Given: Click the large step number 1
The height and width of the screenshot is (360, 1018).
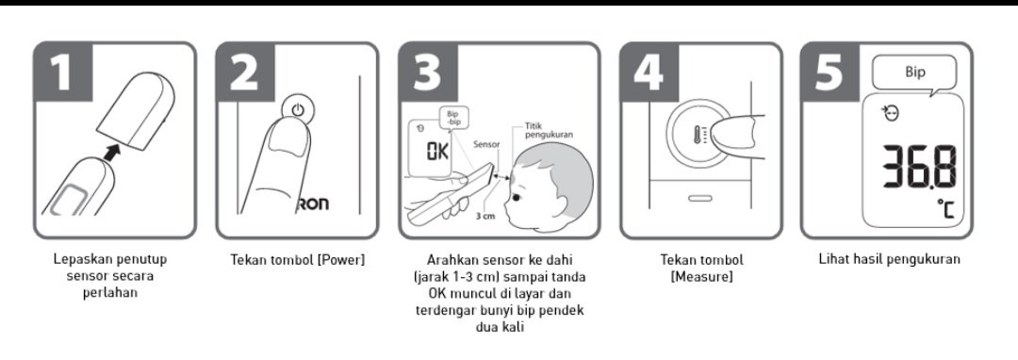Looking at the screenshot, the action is (x=63, y=72).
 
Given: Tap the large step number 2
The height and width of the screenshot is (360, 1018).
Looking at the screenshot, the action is (x=244, y=72).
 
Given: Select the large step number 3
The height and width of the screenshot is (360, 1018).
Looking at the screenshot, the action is (x=428, y=72).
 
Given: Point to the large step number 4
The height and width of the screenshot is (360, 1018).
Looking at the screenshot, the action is (x=649, y=72).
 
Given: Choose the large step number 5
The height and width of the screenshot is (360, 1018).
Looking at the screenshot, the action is (x=829, y=72).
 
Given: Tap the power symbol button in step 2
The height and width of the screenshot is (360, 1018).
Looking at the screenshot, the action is (x=297, y=109).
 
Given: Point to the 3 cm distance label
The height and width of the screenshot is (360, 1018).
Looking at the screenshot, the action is (x=484, y=216).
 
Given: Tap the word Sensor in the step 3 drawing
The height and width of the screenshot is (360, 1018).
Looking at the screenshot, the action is (x=486, y=144).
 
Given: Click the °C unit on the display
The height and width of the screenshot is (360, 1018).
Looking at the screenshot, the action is (x=945, y=209).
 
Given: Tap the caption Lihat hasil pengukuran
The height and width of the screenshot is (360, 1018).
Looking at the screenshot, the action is (x=890, y=259).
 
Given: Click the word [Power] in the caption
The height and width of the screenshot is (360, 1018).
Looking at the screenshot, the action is (x=341, y=260).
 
